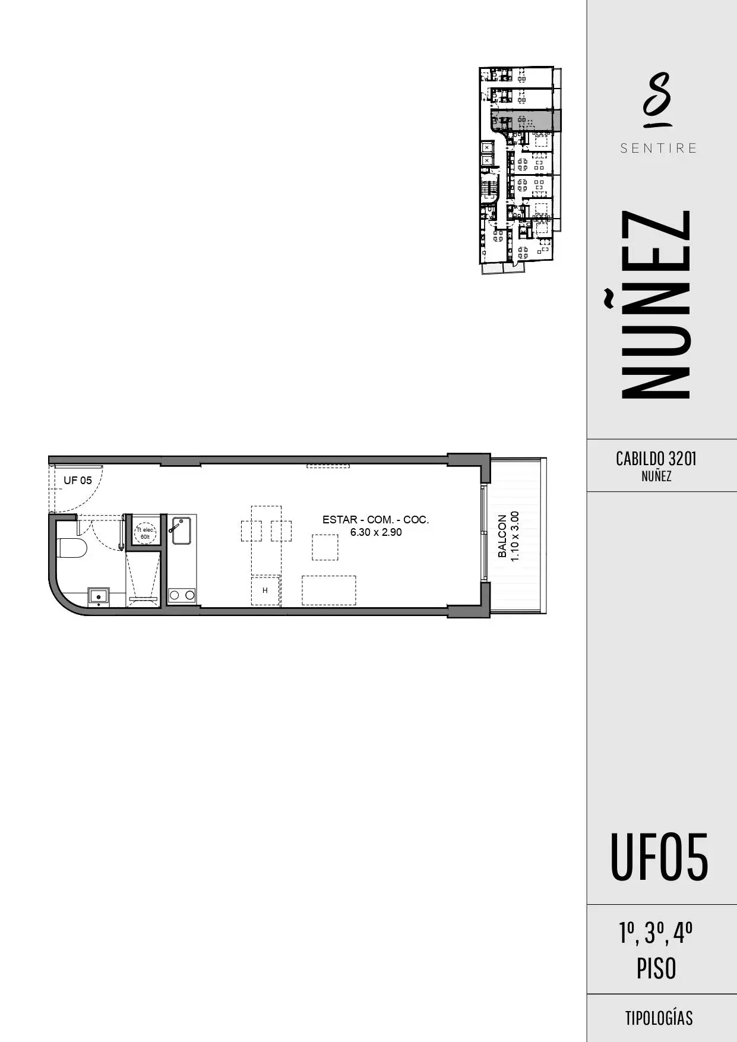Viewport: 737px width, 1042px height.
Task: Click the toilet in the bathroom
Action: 72,548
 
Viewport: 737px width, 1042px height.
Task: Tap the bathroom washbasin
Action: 99,596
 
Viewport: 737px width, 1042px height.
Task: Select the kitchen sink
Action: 180,530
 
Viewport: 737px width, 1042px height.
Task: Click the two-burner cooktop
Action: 182,594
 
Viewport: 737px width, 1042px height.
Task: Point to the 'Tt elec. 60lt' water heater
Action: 145,533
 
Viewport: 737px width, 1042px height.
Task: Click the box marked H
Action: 265,590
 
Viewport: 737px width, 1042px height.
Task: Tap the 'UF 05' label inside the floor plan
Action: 78,481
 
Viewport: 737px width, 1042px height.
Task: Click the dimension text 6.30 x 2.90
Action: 376,532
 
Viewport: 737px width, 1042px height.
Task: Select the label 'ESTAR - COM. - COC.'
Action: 376,520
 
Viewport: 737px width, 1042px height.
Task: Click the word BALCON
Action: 503,536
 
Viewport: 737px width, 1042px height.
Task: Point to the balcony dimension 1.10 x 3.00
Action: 515,536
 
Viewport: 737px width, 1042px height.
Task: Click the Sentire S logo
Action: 657,100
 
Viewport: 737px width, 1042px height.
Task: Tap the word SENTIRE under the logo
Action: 659,149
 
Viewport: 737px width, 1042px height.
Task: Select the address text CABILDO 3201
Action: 656,459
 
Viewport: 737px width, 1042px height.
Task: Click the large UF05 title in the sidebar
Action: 659,858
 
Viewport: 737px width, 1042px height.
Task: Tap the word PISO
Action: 656,969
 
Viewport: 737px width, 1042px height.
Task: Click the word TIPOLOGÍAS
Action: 659,1018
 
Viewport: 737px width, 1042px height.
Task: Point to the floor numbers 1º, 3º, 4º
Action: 656,933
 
